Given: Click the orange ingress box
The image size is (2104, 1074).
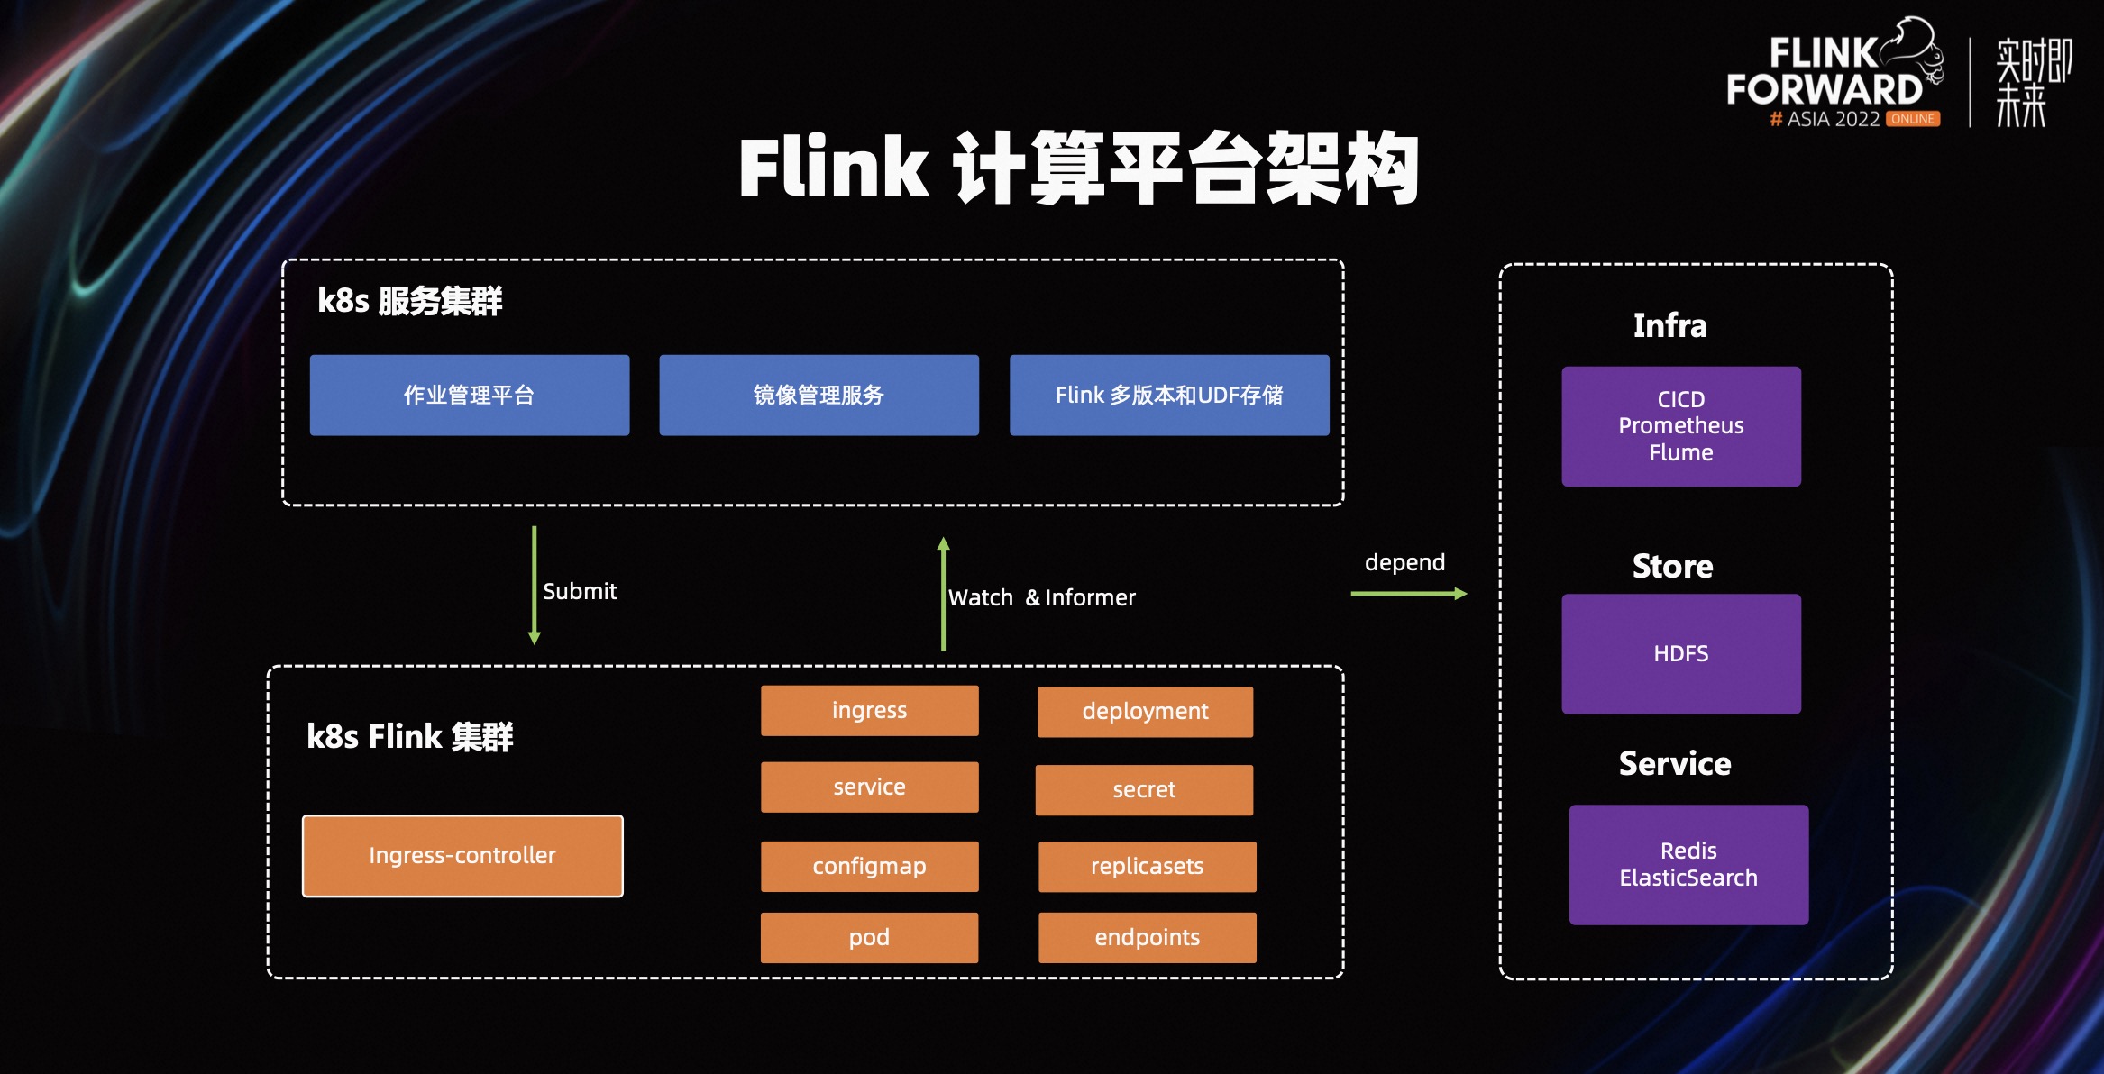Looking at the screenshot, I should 869,711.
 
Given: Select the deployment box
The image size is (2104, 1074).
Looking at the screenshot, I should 1145,712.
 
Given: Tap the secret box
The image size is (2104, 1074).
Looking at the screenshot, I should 1144,790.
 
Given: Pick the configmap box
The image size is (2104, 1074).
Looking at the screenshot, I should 869,867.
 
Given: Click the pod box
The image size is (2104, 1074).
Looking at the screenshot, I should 869,938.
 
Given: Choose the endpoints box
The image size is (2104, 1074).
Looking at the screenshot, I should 1147,938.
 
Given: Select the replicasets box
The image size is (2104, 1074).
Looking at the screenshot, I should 1147,867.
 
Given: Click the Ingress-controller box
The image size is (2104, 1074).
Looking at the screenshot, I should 462,856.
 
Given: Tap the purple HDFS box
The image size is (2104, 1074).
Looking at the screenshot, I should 1680,654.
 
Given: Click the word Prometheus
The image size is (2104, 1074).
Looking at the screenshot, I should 1680,425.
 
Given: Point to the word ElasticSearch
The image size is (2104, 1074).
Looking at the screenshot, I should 1688,878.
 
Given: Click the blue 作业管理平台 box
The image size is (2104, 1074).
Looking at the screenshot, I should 469,396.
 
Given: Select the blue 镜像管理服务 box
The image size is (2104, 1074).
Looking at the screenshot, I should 819,396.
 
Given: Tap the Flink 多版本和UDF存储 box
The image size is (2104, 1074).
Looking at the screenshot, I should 1169,396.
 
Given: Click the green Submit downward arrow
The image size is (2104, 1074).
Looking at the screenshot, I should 535,586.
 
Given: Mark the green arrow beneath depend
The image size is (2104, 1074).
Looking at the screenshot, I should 1408,594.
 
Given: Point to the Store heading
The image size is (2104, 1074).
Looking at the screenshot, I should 1672,567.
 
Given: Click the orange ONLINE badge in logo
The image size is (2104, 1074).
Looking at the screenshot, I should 1912,119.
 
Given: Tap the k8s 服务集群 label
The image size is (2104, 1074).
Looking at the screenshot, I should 409,301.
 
